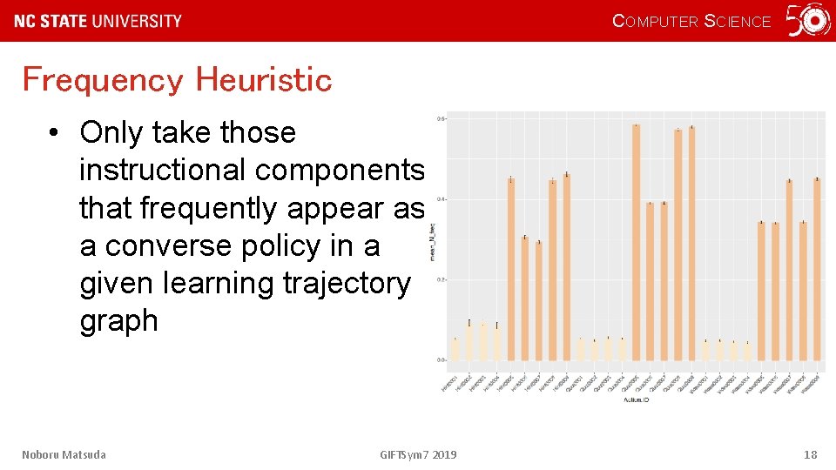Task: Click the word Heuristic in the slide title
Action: (264, 80)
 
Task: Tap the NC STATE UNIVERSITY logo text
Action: (98, 21)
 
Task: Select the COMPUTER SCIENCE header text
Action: (691, 22)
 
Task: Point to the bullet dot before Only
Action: (54, 133)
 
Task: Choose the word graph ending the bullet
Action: (118, 321)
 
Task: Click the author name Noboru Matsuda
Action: (64, 454)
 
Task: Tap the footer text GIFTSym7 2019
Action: (418, 454)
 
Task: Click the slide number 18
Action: (810, 454)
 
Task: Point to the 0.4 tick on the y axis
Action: (441, 199)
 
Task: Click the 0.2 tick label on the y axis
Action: (441, 279)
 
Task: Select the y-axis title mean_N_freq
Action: (433, 239)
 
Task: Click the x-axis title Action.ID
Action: (633, 399)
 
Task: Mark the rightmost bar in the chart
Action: (817, 269)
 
